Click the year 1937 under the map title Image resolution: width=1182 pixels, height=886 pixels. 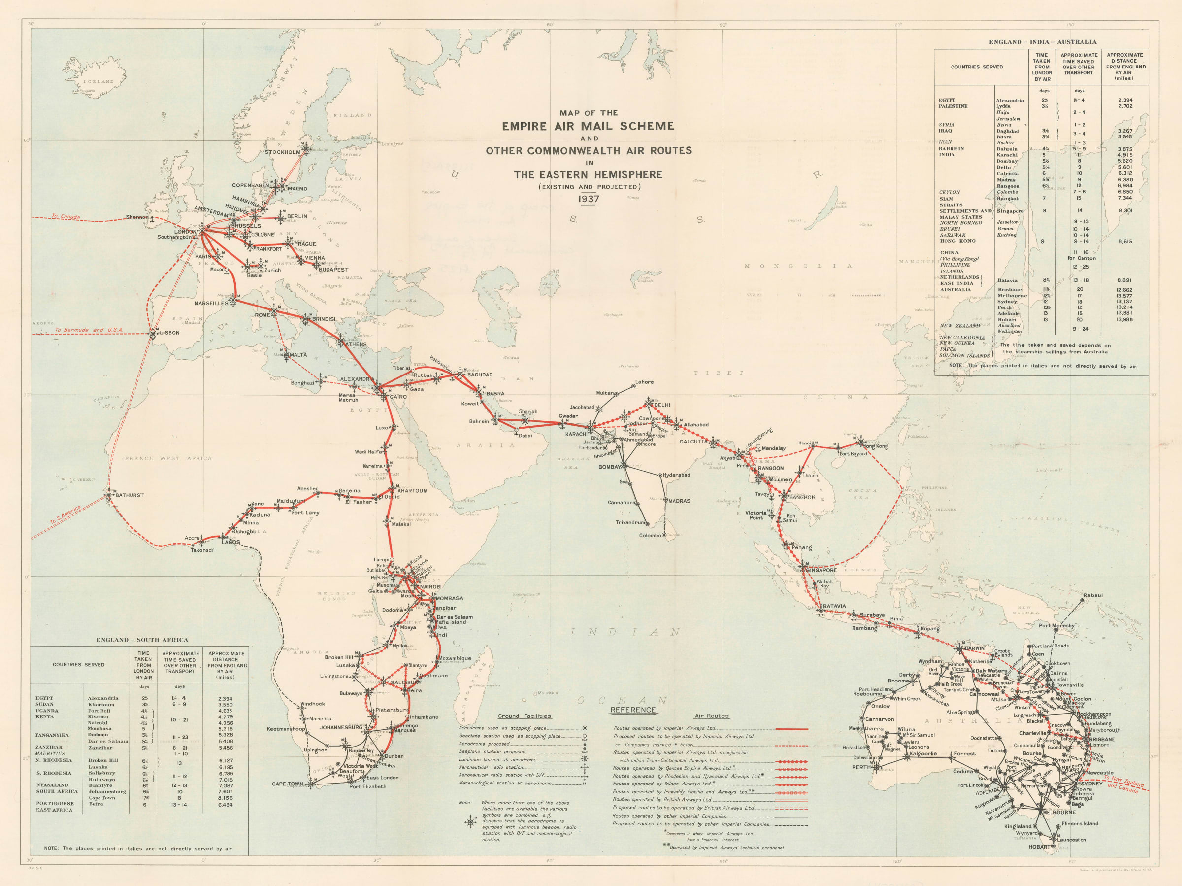pos(589,199)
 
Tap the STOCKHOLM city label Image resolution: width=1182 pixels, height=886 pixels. pos(283,152)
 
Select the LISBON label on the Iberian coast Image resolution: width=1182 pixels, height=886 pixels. pos(170,333)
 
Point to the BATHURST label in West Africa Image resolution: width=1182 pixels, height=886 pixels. pos(130,495)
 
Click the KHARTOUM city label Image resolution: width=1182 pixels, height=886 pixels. pos(412,491)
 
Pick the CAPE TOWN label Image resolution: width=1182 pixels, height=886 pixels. pos(288,784)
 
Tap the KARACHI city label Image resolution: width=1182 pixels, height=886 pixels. pos(576,434)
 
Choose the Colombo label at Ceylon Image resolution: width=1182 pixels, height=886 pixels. pos(650,535)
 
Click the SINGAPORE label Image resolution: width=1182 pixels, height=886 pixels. pos(821,570)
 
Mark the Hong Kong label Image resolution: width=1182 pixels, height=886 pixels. pos(875,446)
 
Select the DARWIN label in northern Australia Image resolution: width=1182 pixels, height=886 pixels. pos(975,648)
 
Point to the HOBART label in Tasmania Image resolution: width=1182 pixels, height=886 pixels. pos(1039,847)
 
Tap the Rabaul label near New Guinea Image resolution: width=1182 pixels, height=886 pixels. pos(1093,595)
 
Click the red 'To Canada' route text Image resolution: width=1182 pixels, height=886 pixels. pos(66,216)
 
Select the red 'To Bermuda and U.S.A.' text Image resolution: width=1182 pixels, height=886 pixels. pos(89,330)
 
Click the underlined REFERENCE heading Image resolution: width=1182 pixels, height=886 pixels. pos(633,710)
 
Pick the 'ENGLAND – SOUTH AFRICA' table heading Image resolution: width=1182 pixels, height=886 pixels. pos(142,640)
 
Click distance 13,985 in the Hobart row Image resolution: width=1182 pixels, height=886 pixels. pos(1124,320)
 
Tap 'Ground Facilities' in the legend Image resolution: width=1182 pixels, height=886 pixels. pos(524,716)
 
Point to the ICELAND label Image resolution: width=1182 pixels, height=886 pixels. pos(99,81)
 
